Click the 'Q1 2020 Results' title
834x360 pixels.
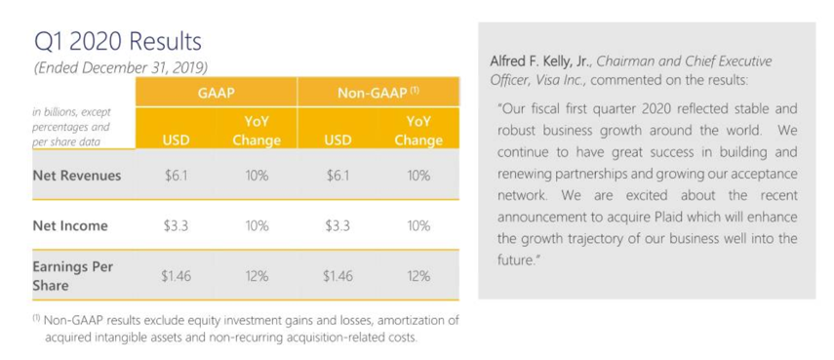click(x=118, y=42)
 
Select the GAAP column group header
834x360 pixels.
click(x=217, y=93)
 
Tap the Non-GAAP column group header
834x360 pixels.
click(x=378, y=93)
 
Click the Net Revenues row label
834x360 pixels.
click(x=77, y=175)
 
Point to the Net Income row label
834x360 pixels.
click(x=70, y=225)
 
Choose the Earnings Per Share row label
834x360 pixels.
click(x=73, y=275)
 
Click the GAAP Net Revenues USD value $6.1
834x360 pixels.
click(x=176, y=175)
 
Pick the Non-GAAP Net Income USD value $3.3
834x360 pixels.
click(x=338, y=225)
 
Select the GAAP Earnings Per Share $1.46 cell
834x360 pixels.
click(x=177, y=276)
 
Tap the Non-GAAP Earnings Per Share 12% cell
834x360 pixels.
click(x=418, y=276)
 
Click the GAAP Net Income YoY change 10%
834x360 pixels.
click(x=257, y=225)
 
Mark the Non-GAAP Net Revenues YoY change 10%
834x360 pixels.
click(x=418, y=175)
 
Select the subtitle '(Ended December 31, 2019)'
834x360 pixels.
click(x=121, y=68)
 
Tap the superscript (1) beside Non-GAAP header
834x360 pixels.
click(x=415, y=90)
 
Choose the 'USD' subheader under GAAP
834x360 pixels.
click(x=176, y=140)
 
